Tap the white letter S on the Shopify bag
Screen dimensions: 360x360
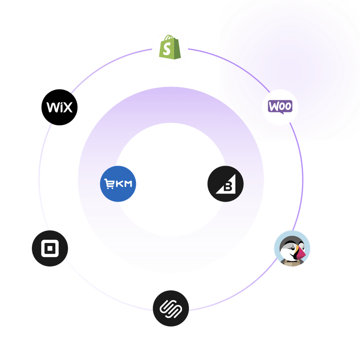(x=168, y=51)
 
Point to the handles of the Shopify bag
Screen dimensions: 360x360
(x=168, y=39)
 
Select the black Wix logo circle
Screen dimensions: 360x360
(x=60, y=108)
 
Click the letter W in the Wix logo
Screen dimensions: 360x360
(x=52, y=108)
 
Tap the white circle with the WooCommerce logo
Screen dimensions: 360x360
(x=280, y=107)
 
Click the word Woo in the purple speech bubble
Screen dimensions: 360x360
(x=280, y=107)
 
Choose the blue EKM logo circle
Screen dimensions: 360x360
(x=118, y=184)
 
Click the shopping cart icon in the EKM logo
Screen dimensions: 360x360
(x=109, y=184)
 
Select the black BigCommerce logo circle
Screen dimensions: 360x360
(x=225, y=184)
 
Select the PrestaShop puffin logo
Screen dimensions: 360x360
(x=292, y=248)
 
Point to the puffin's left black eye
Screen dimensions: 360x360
(x=288, y=246)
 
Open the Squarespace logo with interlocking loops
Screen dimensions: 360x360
(x=170, y=308)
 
